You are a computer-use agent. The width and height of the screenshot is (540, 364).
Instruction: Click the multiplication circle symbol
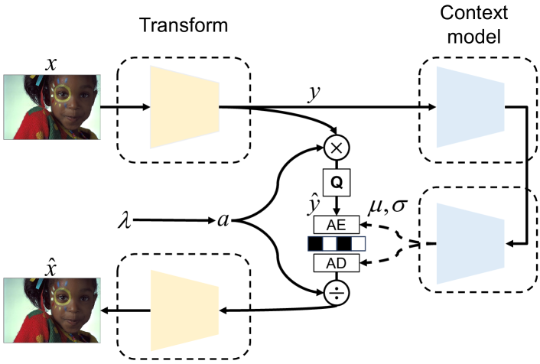click(337, 145)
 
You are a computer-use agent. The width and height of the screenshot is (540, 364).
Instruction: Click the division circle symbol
click(337, 292)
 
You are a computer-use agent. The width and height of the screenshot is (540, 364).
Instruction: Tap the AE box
click(337, 226)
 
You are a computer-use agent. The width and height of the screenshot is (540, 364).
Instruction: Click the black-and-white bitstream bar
click(337, 245)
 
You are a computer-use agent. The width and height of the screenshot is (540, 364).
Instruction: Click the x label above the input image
click(51, 65)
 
